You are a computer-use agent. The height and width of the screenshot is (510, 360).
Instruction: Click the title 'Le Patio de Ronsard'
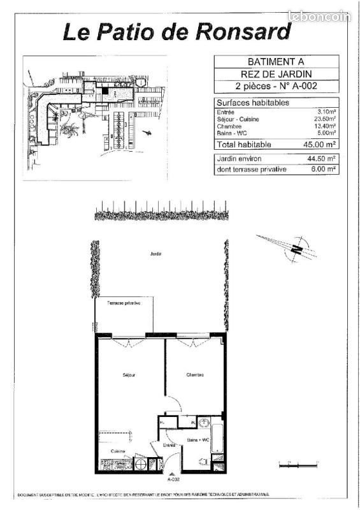coord(177,31)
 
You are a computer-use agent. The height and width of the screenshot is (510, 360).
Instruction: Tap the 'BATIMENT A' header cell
coord(276,62)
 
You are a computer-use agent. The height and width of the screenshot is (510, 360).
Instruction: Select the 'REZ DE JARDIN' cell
coord(276,73)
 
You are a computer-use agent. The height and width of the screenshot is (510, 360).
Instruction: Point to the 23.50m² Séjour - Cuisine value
coord(324,119)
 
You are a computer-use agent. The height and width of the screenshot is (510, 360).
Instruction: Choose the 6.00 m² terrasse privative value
coord(324,170)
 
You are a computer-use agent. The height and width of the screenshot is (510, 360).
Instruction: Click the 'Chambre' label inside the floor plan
coord(195,375)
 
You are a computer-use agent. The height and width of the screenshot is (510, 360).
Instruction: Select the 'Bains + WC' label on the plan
coord(198,440)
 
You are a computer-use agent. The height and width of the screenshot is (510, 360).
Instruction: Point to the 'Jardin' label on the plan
coord(155,254)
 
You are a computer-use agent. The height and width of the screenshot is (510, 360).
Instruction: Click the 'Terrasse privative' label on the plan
coord(124,303)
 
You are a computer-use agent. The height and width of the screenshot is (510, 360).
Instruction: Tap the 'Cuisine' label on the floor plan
coord(118,451)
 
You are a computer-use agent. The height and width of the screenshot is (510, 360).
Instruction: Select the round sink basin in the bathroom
coord(204,423)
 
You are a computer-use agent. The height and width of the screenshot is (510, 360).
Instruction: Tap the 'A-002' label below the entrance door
coord(173,479)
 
